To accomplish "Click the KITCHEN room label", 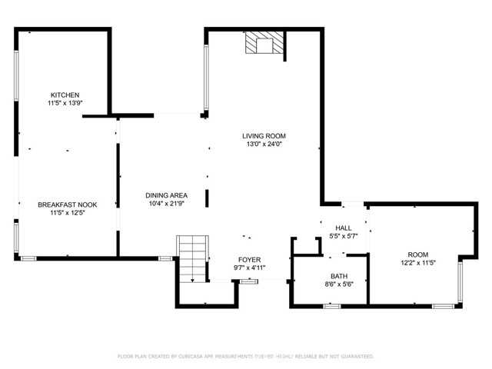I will [65, 95].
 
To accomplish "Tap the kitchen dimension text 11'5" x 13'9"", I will [65, 103].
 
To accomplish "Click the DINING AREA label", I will [167, 195].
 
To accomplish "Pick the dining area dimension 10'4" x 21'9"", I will [167, 204].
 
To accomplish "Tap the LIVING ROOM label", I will [264, 136].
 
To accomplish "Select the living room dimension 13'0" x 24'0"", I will [264, 145].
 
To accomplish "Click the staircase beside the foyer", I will [192, 258].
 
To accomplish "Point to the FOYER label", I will [250, 260].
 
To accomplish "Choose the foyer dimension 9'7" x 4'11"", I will [250, 268].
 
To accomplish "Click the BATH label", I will [339, 276].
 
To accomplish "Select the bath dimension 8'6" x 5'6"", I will [339, 284].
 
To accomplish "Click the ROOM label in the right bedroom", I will [417, 254].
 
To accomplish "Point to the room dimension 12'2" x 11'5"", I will [417, 263].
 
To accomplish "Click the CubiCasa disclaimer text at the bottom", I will [245, 356].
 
